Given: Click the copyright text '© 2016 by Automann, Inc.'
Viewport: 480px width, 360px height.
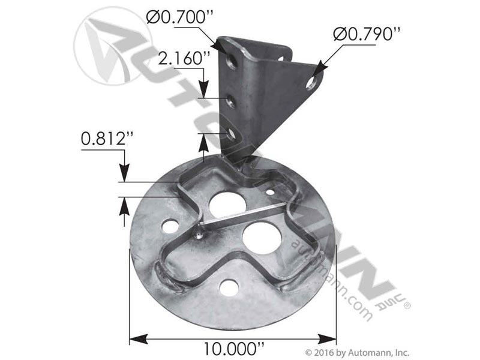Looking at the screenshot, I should tap(358, 352).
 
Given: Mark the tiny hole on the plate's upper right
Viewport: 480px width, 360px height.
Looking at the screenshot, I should tap(271, 192).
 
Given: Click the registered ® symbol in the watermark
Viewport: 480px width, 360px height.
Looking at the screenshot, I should tap(407, 306).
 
